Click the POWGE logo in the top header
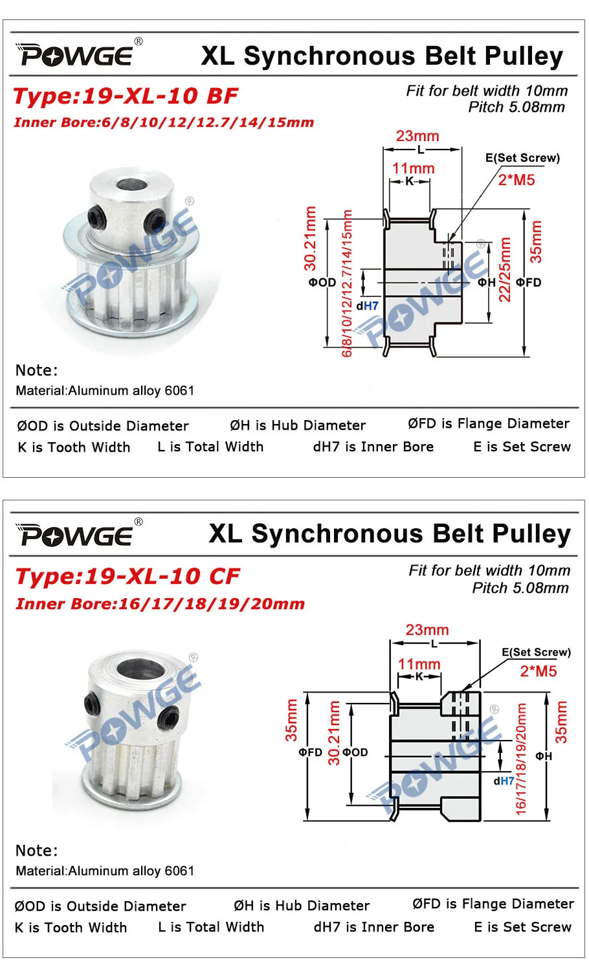point(78,54)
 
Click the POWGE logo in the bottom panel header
point(78,535)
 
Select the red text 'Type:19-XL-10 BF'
point(126,96)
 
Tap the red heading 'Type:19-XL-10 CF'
point(128,576)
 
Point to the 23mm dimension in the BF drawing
point(417,137)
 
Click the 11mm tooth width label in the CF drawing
point(419,664)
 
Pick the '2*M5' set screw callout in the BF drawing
point(517,180)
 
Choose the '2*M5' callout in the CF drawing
point(538,671)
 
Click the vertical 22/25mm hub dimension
point(506,271)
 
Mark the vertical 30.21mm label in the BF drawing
point(311,238)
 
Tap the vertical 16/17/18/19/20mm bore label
point(521,759)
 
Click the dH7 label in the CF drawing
point(504,781)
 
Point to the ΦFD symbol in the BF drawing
point(528,283)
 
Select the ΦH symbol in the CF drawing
point(544,756)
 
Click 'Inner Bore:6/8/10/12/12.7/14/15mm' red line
point(164,122)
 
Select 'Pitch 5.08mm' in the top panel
point(517,107)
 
